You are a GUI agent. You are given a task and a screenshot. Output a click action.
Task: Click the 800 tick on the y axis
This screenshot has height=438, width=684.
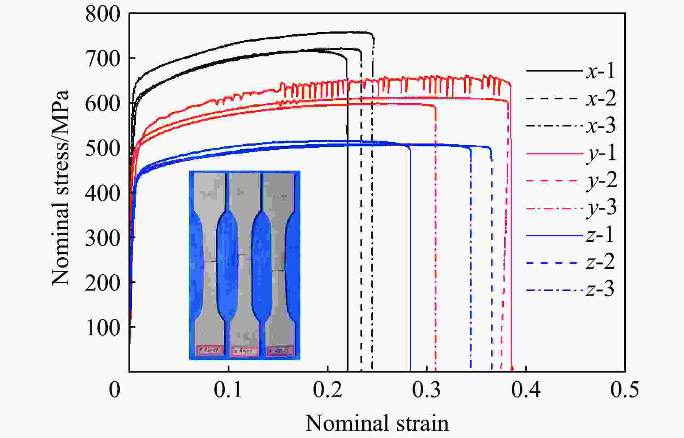point(102,15)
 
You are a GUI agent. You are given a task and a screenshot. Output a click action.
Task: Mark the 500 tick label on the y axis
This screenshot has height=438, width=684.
point(102,149)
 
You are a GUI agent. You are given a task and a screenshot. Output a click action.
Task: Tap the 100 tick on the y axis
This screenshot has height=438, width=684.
point(102,328)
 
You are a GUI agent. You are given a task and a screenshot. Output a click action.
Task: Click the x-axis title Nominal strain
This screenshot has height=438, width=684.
point(377,423)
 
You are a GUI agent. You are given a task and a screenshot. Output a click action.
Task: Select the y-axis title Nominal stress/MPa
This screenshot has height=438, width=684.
point(60,188)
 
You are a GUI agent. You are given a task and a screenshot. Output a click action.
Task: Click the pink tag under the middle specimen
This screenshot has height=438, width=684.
point(245,351)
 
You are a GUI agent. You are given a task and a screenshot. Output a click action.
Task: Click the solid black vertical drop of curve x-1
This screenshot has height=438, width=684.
point(347,253)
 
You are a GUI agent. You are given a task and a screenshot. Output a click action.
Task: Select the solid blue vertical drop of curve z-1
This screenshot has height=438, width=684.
point(410,271)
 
